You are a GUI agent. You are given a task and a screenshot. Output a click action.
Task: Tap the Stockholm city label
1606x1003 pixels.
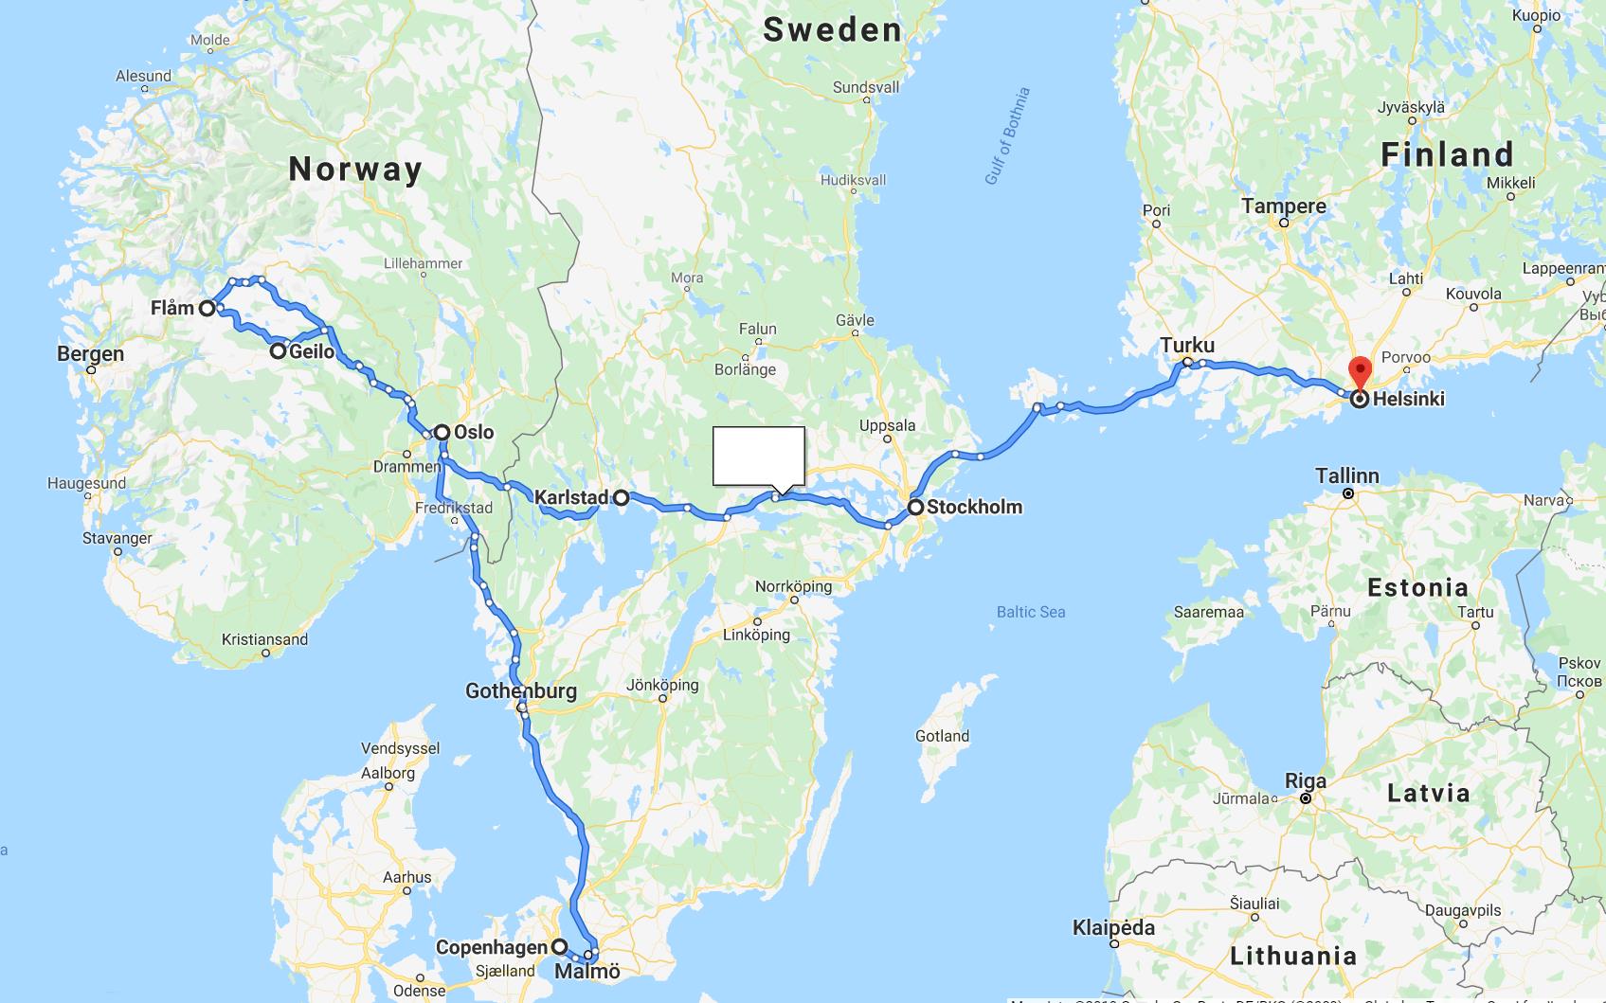click(x=974, y=507)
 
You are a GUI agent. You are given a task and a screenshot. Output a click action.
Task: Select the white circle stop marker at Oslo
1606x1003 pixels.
click(x=442, y=432)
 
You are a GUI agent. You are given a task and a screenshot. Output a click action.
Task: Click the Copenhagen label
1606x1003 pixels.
click(x=491, y=947)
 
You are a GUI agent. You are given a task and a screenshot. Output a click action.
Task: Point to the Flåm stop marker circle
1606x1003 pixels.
click(x=206, y=308)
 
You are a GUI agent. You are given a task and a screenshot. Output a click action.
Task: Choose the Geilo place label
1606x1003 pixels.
click(x=312, y=351)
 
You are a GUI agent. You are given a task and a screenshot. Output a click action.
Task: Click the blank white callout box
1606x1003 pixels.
click(x=758, y=456)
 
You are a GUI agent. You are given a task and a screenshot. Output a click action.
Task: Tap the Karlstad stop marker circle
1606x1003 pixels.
click(x=621, y=497)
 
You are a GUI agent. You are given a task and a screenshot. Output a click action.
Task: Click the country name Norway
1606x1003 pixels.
click(x=355, y=169)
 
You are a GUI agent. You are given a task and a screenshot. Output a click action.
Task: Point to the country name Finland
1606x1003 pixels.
click(x=1447, y=154)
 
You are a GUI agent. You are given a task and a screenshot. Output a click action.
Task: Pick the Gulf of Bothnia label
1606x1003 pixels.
click(x=1006, y=136)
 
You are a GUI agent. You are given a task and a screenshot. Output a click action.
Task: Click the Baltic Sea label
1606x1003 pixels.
click(x=1031, y=612)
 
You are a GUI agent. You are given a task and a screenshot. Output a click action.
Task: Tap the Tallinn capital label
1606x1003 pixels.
click(x=1346, y=475)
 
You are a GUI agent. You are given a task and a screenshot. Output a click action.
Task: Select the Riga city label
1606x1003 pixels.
click(x=1305, y=781)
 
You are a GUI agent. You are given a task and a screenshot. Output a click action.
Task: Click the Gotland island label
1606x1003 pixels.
click(x=942, y=736)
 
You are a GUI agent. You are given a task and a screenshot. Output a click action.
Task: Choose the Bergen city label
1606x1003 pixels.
click(x=90, y=354)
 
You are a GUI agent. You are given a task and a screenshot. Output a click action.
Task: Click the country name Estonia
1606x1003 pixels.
click(x=1417, y=587)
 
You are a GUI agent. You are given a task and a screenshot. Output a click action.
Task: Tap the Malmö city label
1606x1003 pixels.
click(x=586, y=972)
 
